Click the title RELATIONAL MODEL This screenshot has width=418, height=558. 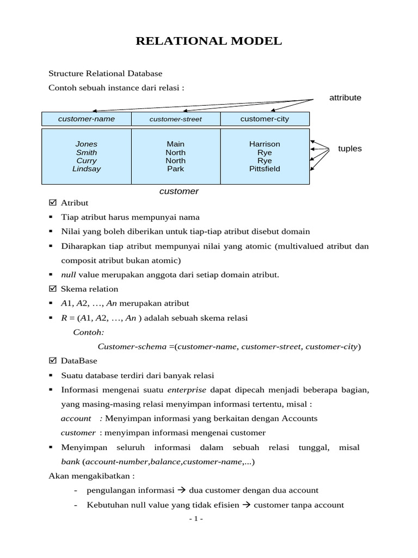click(x=209, y=41)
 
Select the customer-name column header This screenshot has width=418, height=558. click(x=87, y=119)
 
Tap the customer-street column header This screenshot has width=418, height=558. click(x=176, y=119)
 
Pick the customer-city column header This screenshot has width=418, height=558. click(x=265, y=119)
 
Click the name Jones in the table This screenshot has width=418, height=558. click(x=87, y=144)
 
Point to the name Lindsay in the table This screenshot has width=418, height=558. click(x=87, y=169)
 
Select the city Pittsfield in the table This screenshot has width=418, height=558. click(x=265, y=169)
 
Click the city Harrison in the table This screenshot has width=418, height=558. click(x=265, y=144)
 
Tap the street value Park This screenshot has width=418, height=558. click(x=176, y=169)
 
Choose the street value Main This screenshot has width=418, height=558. click(x=176, y=144)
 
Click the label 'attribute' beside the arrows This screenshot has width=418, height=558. click(x=345, y=98)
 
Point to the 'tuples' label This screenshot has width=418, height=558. click(x=349, y=148)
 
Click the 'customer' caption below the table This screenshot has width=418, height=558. click(x=179, y=191)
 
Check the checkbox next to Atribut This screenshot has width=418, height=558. click(x=53, y=203)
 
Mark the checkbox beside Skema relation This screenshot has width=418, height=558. click(x=53, y=289)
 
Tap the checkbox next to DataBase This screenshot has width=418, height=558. click(x=53, y=361)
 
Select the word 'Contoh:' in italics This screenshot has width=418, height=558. click(x=89, y=332)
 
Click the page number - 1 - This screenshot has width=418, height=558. click(x=196, y=519)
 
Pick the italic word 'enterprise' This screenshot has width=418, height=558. click(x=187, y=390)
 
